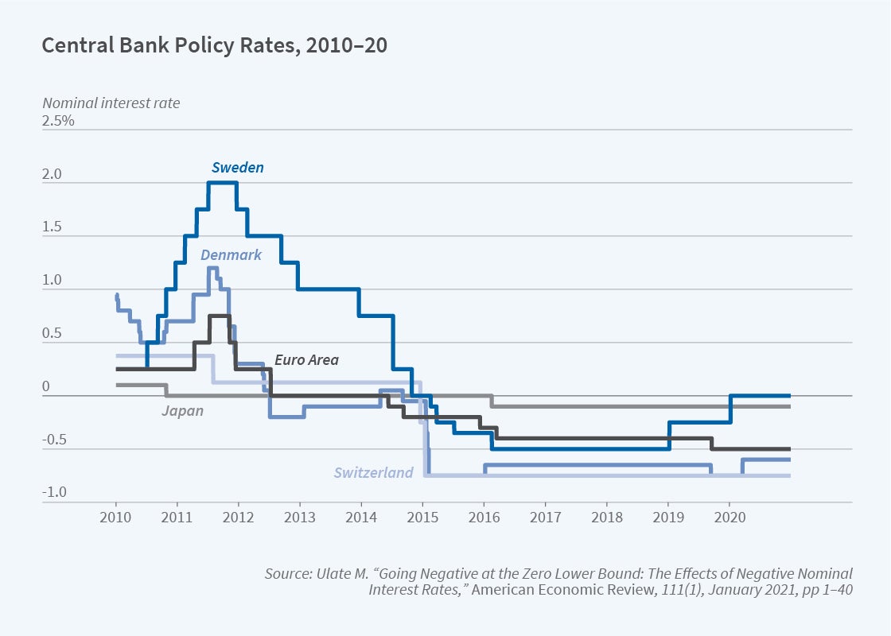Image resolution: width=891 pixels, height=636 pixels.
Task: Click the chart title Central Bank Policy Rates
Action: tap(215, 45)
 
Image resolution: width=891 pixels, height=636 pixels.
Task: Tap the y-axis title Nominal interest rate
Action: tap(111, 103)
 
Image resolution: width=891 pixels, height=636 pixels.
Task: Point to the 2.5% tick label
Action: tap(58, 122)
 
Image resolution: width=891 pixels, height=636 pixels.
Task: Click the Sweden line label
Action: tap(237, 168)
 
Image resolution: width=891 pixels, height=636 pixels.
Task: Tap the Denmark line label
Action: tap(231, 255)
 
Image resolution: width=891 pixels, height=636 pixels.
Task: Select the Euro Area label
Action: tap(306, 360)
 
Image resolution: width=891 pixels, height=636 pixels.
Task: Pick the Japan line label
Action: tap(182, 411)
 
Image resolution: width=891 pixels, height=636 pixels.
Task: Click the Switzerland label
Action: tap(373, 473)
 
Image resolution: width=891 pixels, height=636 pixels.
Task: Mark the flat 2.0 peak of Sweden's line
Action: tap(222, 183)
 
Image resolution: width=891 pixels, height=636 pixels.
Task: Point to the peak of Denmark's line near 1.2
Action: tap(212, 268)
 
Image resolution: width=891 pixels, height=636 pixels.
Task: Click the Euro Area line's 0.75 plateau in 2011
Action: tap(220, 316)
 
